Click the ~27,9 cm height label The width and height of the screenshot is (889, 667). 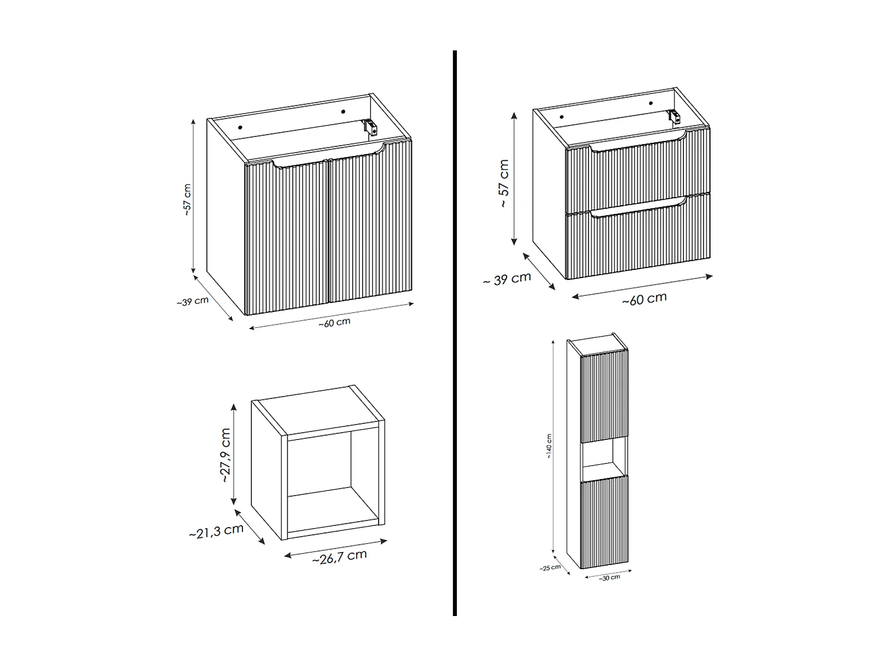(225, 455)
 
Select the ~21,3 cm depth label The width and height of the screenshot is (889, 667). (216, 531)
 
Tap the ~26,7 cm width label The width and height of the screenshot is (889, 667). (339, 557)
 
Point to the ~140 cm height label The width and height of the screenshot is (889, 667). (549, 446)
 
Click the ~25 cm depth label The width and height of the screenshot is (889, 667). (549, 567)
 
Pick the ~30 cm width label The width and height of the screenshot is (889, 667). (609, 577)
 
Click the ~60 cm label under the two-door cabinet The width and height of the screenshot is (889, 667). (334, 323)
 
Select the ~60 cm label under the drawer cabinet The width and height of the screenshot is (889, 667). (644, 299)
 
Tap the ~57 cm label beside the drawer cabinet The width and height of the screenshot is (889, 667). (504, 183)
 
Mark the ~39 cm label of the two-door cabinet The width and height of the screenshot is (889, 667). (192, 301)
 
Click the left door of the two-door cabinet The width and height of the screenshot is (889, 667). (287, 237)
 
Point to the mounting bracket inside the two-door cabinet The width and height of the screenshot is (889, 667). (370, 126)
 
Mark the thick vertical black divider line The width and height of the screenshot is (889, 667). (455, 332)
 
